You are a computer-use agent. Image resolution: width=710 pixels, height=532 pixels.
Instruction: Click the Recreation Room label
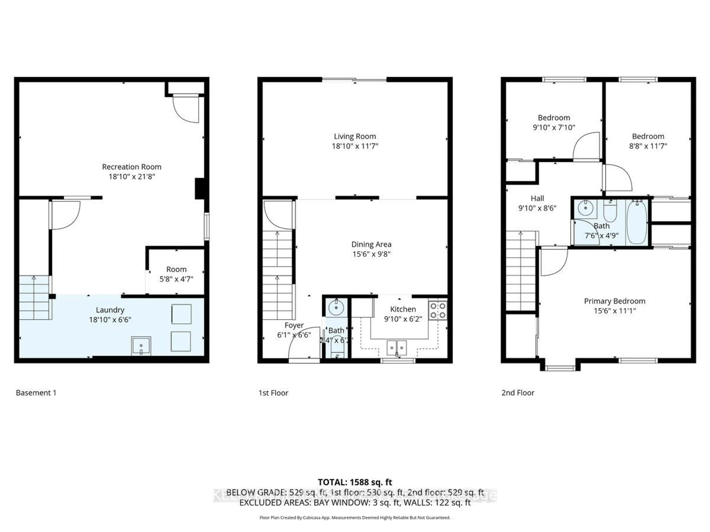[132, 167]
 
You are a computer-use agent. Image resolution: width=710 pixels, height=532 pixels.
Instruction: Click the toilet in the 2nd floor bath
[610, 211]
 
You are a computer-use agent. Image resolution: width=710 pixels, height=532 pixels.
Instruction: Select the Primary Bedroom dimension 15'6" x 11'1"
[614, 311]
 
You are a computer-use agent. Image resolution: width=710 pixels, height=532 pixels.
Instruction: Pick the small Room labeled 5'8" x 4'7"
[176, 274]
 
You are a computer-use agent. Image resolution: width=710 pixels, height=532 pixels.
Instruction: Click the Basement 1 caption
[36, 393]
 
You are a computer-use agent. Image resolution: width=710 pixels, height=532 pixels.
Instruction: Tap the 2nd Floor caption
[518, 393]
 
